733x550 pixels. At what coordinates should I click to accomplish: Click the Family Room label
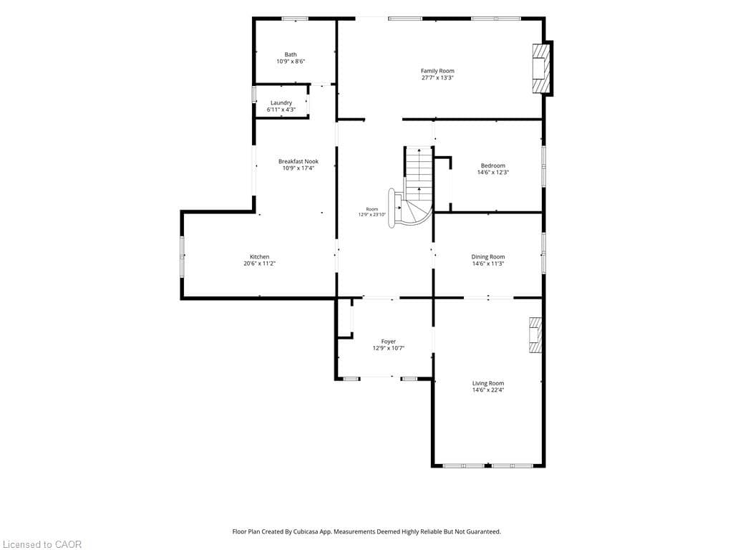pyautogui.click(x=437, y=71)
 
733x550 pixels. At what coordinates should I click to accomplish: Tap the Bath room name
pyautogui.click(x=291, y=54)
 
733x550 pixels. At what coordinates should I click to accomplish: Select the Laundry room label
pyautogui.click(x=281, y=103)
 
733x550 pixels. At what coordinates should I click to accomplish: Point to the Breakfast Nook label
pyautogui.click(x=298, y=161)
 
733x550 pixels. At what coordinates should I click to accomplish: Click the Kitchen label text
pyautogui.click(x=259, y=257)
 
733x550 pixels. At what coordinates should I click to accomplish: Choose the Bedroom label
pyautogui.click(x=493, y=165)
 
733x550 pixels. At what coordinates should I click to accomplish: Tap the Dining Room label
pyautogui.click(x=488, y=257)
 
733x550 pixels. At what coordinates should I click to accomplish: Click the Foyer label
pyautogui.click(x=389, y=342)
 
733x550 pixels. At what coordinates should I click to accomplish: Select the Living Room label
pyautogui.click(x=488, y=384)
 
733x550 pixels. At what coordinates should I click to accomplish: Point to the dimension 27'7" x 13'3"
pyautogui.click(x=437, y=77)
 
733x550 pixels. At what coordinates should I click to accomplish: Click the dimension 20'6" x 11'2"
pyautogui.click(x=259, y=264)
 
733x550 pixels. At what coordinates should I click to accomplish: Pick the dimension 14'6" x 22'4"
pyautogui.click(x=488, y=390)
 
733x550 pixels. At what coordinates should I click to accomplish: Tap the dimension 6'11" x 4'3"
pyautogui.click(x=281, y=110)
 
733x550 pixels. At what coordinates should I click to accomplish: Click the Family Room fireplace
pyautogui.click(x=542, y=68)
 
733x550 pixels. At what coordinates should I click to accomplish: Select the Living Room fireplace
pyautogui.click(x=535, y=335)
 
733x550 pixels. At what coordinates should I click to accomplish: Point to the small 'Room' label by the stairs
pyautogui.click(x=372, y=209)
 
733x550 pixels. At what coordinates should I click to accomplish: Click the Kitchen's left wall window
pyautogui.click(x=182, y=256)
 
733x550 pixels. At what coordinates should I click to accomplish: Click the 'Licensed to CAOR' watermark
pyautogui.click(x=41, y=544)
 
